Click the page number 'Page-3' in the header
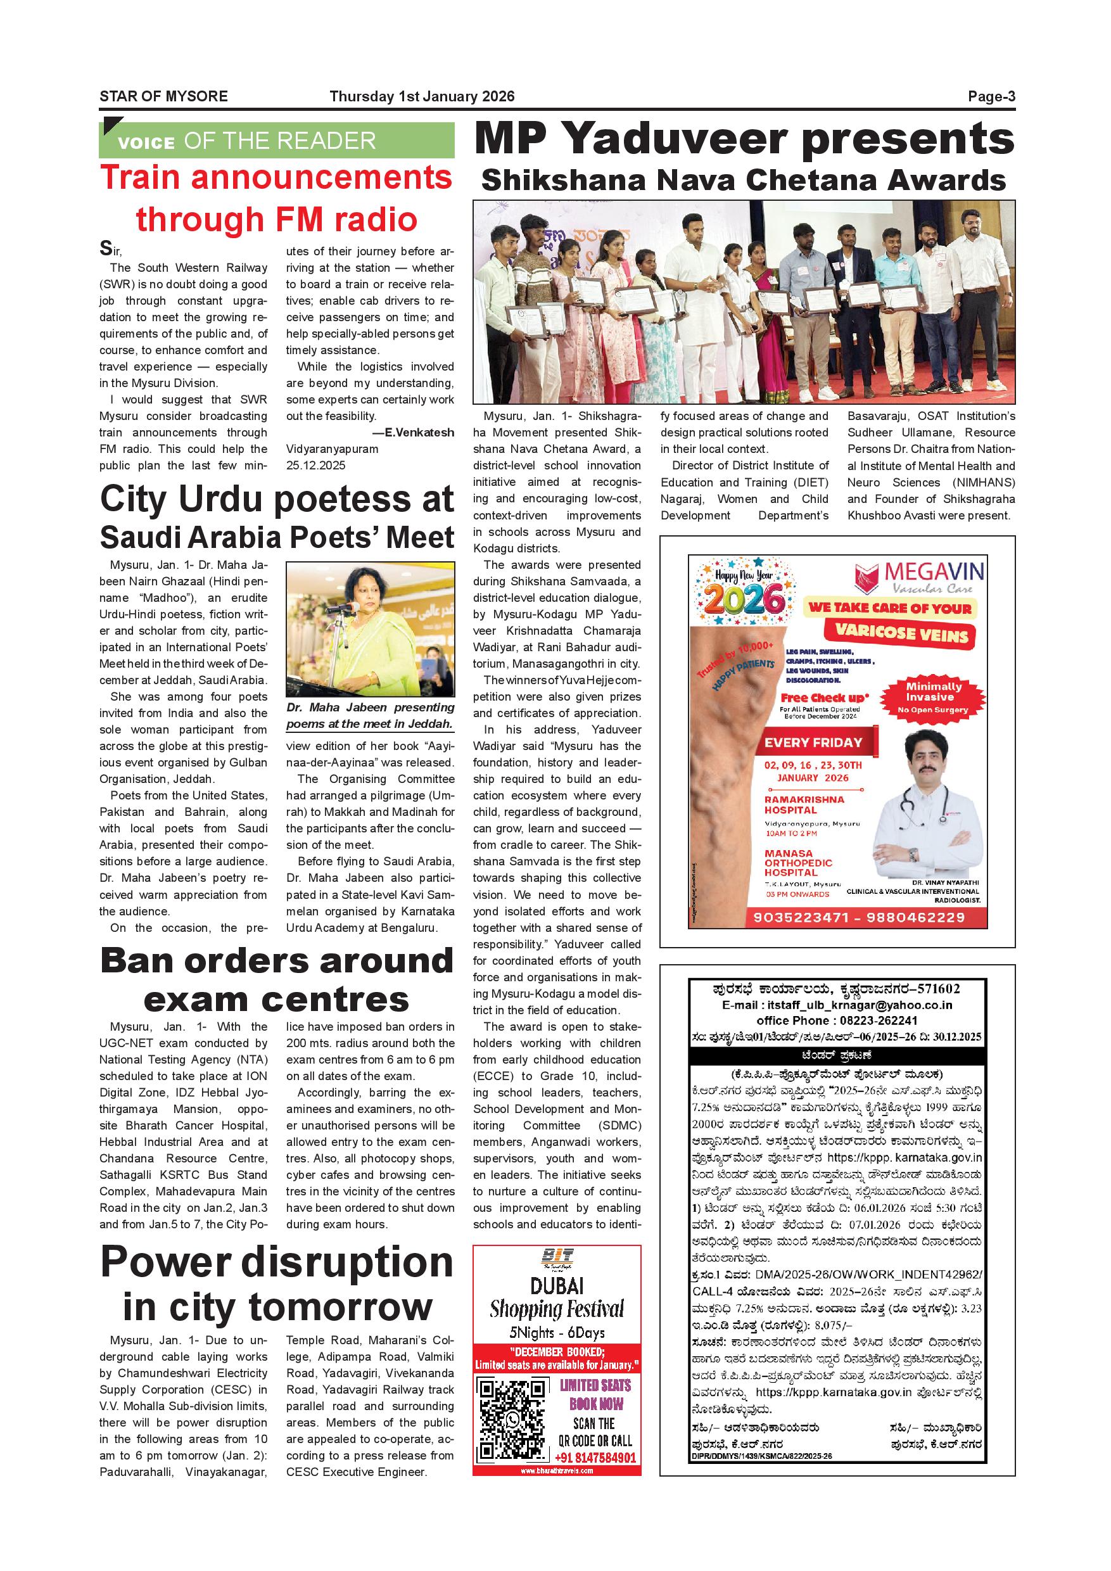pyautogui.click(x=991, y=96)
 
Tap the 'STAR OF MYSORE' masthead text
pyautogui.click(x=163, y=96)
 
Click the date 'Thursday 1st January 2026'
pyautogui.click(x=421, y=96)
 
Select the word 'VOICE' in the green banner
pyautogui.click(x=146, y=143)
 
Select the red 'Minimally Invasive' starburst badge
pyautogui.click(x=933, y=697)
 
